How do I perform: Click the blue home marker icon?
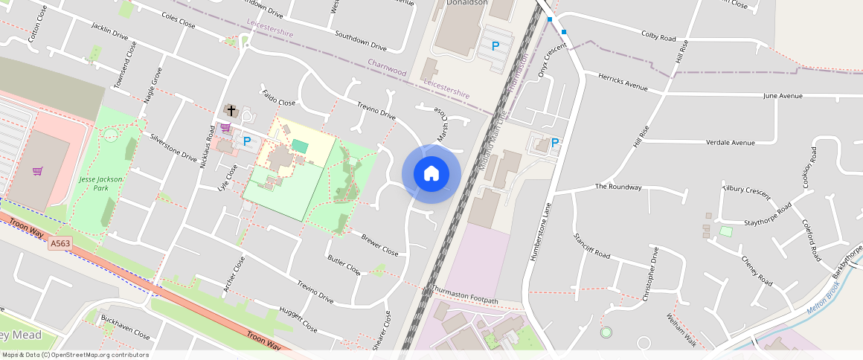tap(431, 174)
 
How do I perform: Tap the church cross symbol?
tap(231, 111)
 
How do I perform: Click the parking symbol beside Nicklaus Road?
tap(247, 141)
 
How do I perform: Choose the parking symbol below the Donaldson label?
tap(495, 46)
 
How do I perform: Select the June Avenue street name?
tap(783, 96)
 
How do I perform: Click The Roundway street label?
tap(617, 187)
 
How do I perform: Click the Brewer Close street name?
tap(379, 245)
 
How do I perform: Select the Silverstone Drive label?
tap(173, 148)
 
